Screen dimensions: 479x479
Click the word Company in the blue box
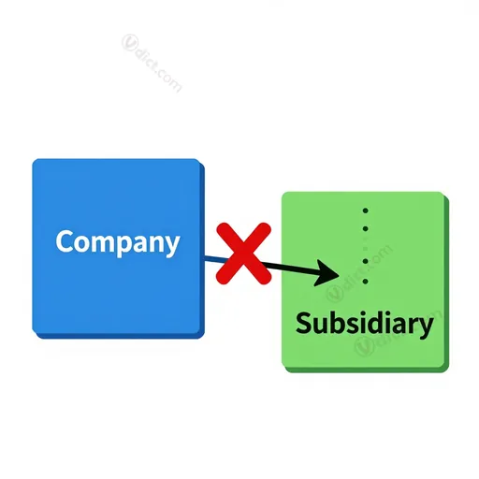click(118, 242)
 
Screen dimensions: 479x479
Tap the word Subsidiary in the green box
click(365, 324)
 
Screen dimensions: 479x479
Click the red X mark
click(244, 254)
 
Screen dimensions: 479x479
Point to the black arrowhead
click(327, 273)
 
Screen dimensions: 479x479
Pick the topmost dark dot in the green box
click(366, 210)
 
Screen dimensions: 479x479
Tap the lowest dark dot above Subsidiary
click(366, 282)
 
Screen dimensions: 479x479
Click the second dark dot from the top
click(366, 229)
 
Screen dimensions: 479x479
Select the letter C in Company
click(65, 240)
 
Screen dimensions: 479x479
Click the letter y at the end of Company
click(172, 246)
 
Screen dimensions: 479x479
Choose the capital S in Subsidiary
click(303, 323)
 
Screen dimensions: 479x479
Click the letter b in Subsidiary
click(338, 323)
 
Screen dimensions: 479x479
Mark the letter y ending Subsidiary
click(427, 328)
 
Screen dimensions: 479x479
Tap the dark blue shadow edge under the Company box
click(120, 336)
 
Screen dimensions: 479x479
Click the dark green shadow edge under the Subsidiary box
click(368, 370)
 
